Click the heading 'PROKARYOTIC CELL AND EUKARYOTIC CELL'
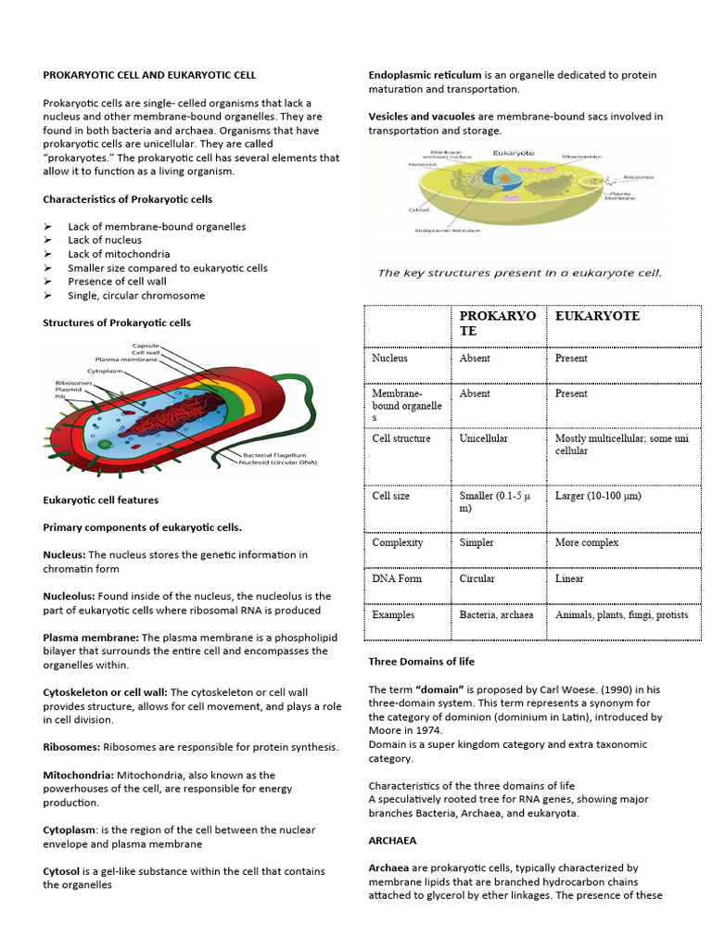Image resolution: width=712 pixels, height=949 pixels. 149,75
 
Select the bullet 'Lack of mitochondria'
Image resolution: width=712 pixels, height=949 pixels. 119,254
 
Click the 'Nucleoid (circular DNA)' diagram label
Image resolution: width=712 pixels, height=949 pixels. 276,464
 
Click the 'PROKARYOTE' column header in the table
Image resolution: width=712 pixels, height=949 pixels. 497,323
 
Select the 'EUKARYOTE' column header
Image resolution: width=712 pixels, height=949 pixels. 597,316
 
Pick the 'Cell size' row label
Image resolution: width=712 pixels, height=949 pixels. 390,496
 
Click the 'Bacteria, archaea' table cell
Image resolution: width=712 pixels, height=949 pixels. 496,614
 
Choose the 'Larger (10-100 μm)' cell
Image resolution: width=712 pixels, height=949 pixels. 598,496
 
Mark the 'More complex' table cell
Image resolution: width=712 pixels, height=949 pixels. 587,542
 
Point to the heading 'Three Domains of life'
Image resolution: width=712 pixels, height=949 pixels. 421,662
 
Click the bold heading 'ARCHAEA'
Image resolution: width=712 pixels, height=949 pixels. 392,841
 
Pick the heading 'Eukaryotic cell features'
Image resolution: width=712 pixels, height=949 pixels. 101,500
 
